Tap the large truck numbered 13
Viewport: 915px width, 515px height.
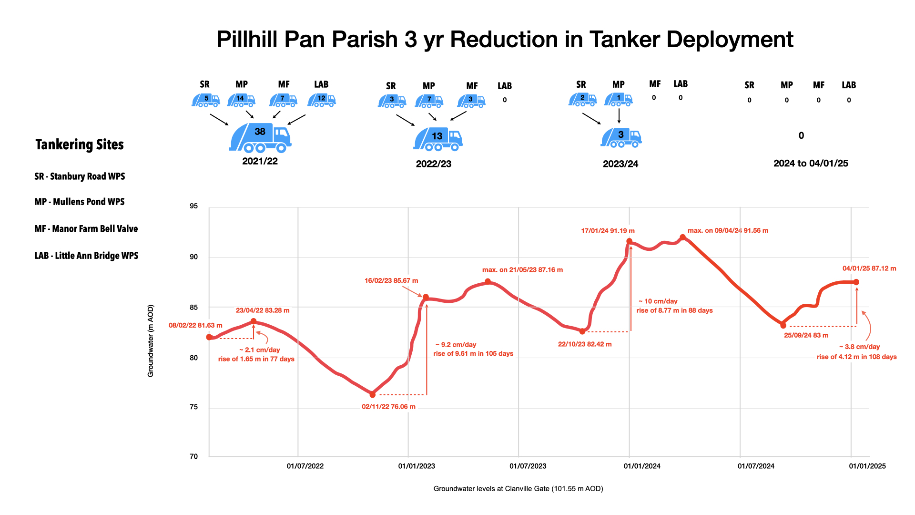(437, 139)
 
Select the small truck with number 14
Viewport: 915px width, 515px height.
(241, 100)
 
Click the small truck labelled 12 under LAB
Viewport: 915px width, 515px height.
(322, 100)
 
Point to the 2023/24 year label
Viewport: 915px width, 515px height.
(620, 164)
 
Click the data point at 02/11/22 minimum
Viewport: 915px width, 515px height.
(373, 395)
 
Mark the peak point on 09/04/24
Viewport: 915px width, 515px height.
(682, 237)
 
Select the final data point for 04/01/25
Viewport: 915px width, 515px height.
(856, 282)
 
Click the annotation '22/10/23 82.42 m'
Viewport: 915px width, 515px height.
(585, 344)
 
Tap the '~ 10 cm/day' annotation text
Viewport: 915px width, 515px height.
(658, 301)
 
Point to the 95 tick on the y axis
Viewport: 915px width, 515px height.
(193, 206)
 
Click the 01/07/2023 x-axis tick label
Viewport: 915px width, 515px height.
(528, 466)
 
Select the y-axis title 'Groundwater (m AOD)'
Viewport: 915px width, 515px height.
(151, 341)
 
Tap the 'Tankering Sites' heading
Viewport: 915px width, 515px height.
(80, 145)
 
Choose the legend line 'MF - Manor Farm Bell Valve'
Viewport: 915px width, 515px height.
(86, 229)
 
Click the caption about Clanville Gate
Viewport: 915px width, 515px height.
(518, 489)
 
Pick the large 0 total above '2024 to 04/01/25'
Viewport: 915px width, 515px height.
(801, 136)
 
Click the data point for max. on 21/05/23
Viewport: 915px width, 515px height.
(488, 282)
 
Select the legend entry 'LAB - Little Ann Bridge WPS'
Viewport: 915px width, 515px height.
(86, 256)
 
